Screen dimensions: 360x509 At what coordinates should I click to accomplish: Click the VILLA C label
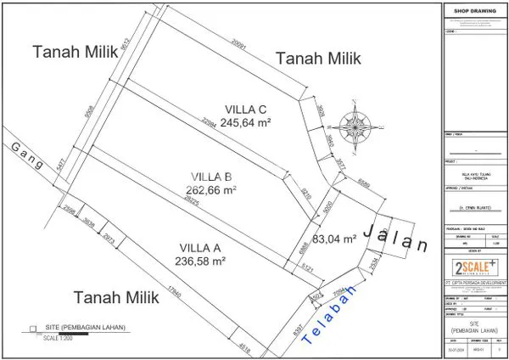click(245, 109)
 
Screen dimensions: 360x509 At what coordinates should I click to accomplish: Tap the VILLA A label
click(200, 248)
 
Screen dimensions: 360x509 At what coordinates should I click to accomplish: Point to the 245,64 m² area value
click(245, 122)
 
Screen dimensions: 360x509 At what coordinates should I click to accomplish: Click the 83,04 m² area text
click(334, 239)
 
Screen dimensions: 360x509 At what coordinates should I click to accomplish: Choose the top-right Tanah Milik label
click(319, 59)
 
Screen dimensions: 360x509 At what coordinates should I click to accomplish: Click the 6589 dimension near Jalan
click(362, 183)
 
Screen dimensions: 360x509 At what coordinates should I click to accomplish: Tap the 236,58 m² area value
click(201, 262)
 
